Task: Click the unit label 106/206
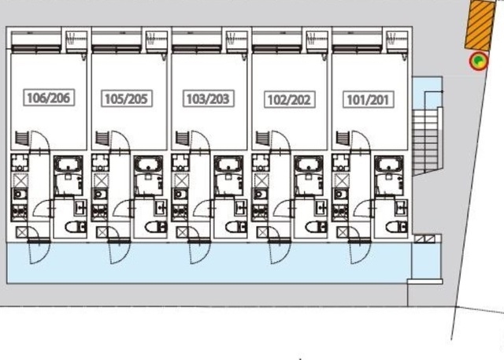point(49,98)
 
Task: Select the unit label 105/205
point(127,98)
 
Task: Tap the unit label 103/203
point(208,98)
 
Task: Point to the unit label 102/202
point(290,99)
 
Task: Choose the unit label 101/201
point(369,99)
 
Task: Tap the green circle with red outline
point(479,61)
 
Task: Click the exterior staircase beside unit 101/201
point(427,142)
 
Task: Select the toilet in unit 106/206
point(76,227)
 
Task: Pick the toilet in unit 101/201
point(397,227)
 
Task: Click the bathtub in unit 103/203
point(228,165)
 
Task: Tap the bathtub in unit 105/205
point(148,165)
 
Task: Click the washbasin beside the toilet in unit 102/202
point(321,208)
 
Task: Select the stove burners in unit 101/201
point(341,212)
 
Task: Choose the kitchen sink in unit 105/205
point(100,194)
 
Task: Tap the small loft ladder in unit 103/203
point(182,138)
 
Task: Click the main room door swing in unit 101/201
point(361,141)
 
